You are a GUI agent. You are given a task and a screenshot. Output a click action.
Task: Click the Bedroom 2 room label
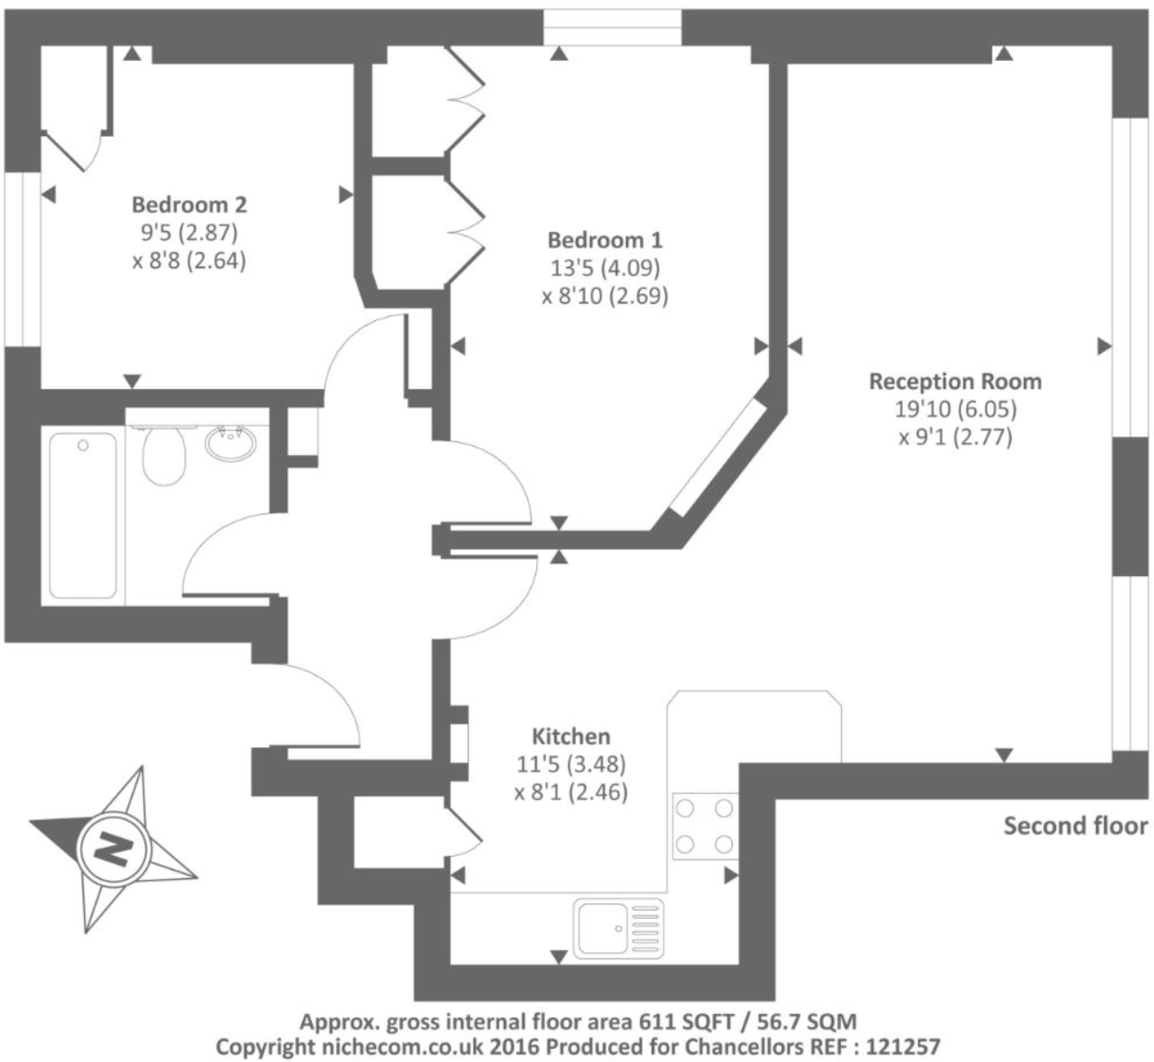[x=189, y=204]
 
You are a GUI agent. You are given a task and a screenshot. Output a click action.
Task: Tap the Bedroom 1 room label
[x=605, y=239]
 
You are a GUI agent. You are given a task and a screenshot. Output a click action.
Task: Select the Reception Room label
[x=955, y=381]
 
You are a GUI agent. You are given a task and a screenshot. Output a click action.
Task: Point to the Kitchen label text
[x=571, y=736]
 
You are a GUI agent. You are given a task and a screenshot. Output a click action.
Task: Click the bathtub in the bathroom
[x=83, y=515]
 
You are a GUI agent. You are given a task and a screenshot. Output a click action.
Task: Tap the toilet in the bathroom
[x=164, y=454]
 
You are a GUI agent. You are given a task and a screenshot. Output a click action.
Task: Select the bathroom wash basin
[x=231, y=444]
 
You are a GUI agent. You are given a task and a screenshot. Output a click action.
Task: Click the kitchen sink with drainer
[x=619, y=928]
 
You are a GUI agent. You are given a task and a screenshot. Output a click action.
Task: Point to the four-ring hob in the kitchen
[x=704, y=826]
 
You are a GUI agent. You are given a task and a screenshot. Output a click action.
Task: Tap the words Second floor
[x=1076, y=826]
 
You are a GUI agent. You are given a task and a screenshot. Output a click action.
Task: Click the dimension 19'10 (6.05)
[x=956, y=409]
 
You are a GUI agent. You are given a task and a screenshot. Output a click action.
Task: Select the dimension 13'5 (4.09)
[x=606, y=268]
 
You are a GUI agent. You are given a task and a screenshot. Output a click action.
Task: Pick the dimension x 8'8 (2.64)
[x=189, y=260]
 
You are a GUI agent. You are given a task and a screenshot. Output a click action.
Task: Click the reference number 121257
[x=903, y=1046]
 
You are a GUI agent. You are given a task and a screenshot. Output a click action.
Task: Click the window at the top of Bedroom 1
[x=612, y=28]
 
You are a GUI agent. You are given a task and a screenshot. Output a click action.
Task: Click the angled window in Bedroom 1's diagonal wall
[x=718, y=456]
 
